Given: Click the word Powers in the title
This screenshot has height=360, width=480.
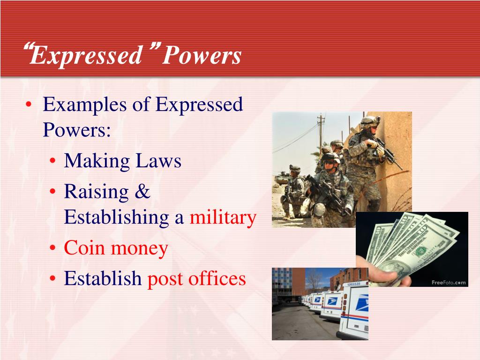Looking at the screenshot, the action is (x=202, y=55).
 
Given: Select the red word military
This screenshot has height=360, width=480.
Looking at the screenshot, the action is (x=223, y=217).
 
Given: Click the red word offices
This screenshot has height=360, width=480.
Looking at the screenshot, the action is (x=217, y=278).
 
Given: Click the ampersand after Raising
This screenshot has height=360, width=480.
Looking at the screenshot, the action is (x=142, y=192).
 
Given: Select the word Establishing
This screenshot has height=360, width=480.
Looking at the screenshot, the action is (x=116, y=217).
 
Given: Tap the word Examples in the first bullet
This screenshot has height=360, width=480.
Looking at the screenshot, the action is (x=84, y=105).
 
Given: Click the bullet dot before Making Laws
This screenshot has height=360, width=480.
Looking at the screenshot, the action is (x=52, y=161).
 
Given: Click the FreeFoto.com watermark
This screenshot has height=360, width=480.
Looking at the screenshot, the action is (x=449, y=283).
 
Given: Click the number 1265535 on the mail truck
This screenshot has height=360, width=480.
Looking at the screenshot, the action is (x=354, y=284).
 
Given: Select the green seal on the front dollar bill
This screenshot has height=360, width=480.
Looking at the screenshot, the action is (x=420, y=252).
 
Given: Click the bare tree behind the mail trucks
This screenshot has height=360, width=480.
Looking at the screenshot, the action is (x=313, y=280).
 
